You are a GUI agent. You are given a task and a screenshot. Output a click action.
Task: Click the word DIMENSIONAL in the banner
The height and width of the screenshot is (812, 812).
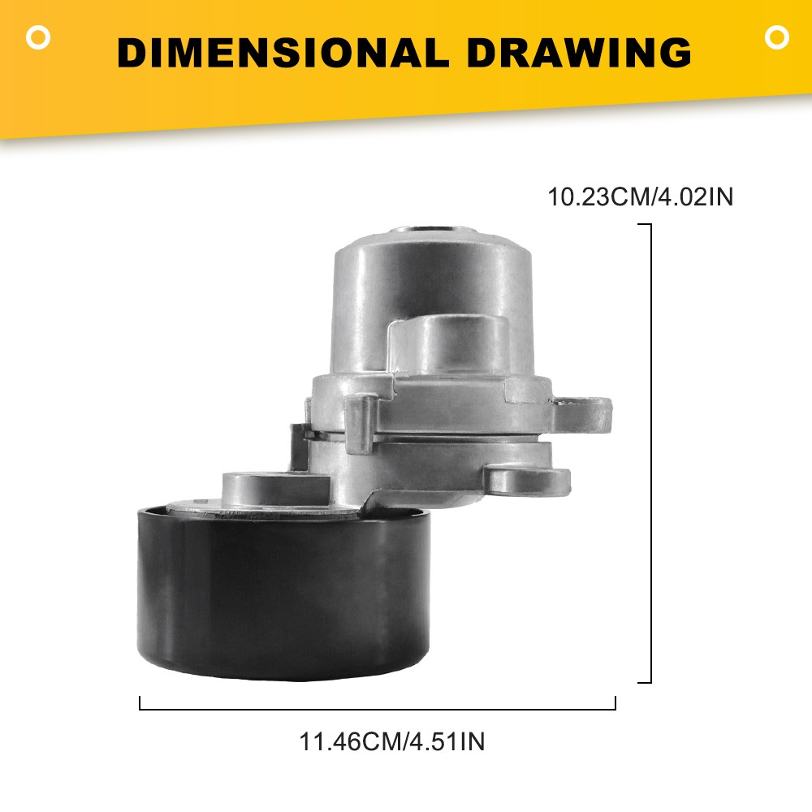283,52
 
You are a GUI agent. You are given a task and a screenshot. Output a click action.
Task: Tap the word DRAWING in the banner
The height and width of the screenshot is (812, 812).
579,52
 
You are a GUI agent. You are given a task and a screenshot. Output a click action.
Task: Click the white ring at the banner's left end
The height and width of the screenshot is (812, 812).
38,38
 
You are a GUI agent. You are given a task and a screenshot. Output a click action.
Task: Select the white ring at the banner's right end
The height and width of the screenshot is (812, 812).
777,37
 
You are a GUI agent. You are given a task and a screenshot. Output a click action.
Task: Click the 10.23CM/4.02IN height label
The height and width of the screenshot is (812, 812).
641,197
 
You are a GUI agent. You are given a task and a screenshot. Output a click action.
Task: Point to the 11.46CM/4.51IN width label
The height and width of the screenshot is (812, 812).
392,741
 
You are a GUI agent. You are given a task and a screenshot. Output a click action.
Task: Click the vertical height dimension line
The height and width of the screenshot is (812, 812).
650,454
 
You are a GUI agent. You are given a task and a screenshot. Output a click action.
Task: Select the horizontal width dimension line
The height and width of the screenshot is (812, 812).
378,708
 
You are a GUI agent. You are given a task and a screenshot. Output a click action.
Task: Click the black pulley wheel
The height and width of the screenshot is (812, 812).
283,593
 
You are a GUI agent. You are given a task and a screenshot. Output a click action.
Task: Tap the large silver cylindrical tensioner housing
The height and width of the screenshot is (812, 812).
433,305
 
